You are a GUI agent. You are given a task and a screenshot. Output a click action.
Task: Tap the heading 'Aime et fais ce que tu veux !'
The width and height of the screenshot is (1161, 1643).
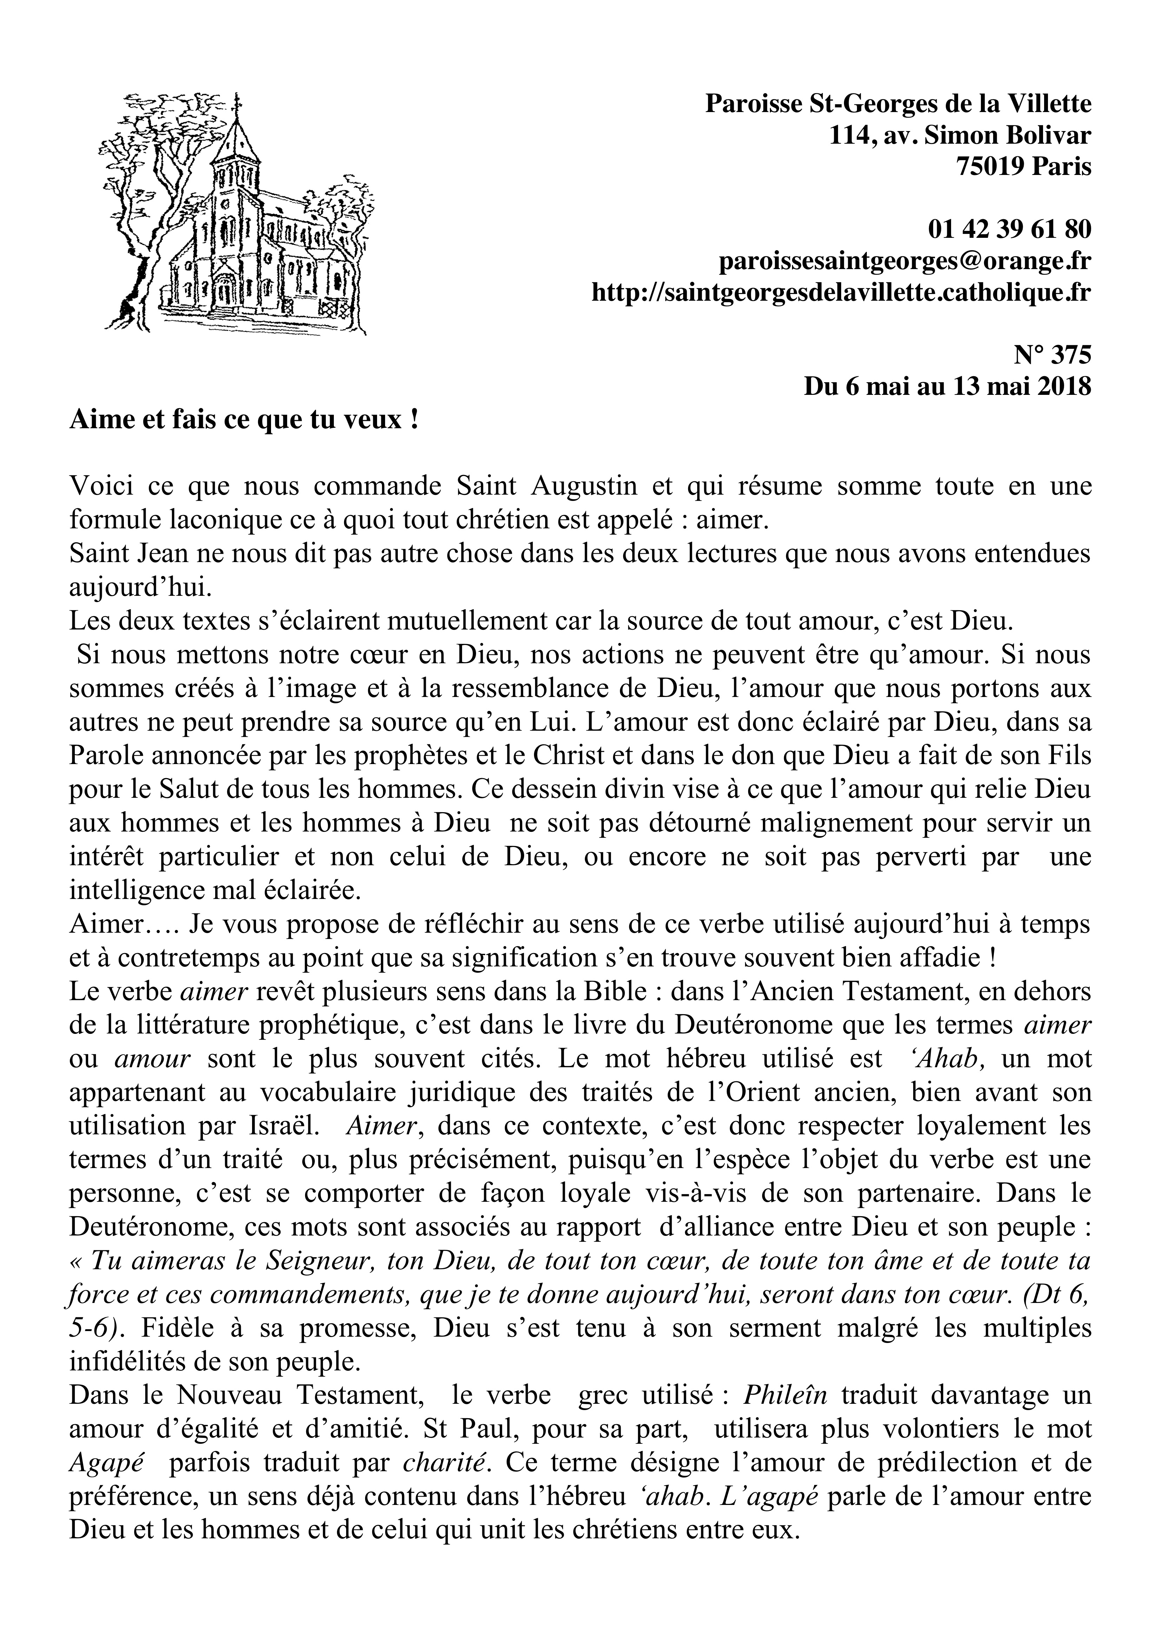pyautogui.click(x=243, y=419)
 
